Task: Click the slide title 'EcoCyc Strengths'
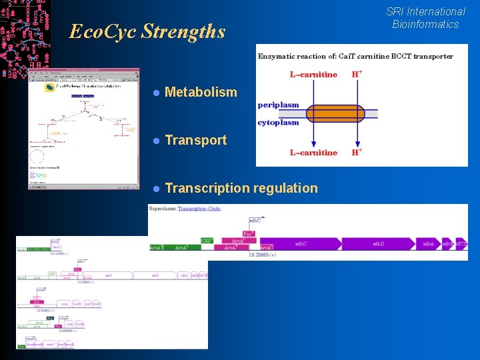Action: coord(147,31)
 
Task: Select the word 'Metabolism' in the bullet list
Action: coord(201,92)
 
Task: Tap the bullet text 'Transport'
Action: coord(195,140)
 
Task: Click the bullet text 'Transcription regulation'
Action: coord(241,188)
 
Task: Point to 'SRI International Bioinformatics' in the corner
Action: coord(425,18)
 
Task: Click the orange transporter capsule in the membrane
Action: coord(335,113)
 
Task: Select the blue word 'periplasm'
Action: coord(279,105)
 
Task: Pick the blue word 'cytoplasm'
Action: coord(279,123)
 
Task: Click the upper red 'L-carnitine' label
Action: coord(313,74)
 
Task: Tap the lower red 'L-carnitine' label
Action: coord(313,153)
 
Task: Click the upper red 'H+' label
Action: coord(357,74)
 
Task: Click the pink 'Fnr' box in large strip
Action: coord(248,234)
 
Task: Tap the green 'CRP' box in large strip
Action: coord(207,240)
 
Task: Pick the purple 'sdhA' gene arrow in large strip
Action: coord(428,245)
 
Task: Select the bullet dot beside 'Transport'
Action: coord(155,141)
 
